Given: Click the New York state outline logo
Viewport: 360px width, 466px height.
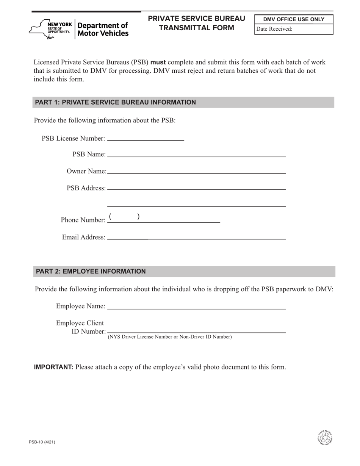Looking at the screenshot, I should [x=38, y=29].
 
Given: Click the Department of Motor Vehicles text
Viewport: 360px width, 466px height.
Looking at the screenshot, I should [x=103, y=29].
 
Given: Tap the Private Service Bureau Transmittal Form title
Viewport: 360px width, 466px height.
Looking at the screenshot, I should [x=196, y=23].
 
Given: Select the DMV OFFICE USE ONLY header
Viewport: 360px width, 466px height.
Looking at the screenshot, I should [x=294, y=19].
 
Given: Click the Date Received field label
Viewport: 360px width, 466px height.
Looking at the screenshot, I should [x=274, y=29].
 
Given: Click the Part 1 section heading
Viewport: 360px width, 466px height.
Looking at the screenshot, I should [x=115, y=102].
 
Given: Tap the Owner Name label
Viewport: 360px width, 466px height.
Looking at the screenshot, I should [x=86, y=171].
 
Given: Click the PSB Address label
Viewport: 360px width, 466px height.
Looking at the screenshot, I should [x=86, y=188].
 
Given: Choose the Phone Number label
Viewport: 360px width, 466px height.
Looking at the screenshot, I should [x=83, y=220].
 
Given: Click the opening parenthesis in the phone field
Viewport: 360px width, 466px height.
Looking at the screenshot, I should [x=110, y=217].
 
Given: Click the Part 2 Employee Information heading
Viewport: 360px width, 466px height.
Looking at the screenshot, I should [x=91, y=271].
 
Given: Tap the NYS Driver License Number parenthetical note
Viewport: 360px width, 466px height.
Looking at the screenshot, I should [x=170, y=337].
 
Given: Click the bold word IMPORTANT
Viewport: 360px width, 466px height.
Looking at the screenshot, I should [x=53, y=367].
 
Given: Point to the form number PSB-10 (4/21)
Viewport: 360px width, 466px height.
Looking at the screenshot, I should [x=44, y=442].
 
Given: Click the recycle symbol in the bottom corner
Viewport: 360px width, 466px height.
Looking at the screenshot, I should [x=325, y=438].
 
